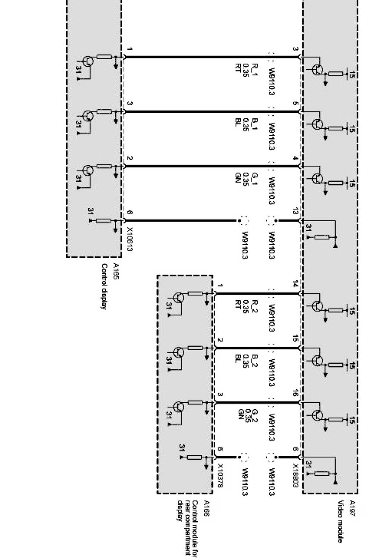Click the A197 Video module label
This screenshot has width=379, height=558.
point(343,520)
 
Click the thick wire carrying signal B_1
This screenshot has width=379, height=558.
point(197,112)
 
